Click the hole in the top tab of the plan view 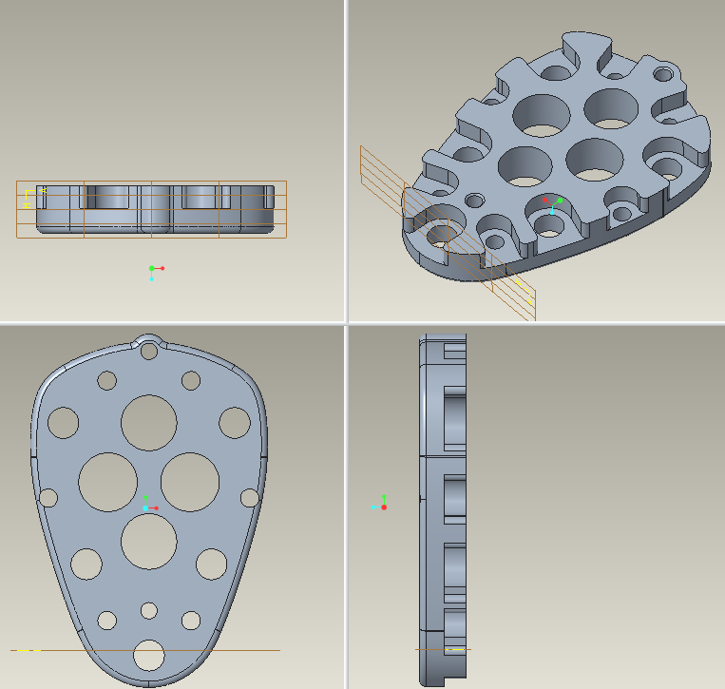[148, 351]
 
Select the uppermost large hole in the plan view [148, 423]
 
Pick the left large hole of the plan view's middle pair [107, 481]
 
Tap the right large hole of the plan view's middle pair [190, 481]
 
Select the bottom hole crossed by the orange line [148, 655]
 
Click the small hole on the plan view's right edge [250, 497]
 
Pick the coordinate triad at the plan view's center [147, 506]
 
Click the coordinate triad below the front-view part [154, 272]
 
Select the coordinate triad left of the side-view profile [382, 505]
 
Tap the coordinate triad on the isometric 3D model [551, 203]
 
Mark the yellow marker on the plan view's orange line [28, 650]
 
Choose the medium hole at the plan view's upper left [64, 422]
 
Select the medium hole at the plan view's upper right [234, 422]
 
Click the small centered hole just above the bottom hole [148, 610]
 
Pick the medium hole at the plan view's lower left [86, 564]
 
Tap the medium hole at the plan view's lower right [211, 564]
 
